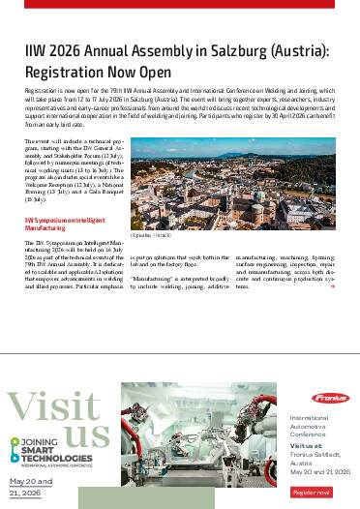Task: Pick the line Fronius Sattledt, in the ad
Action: pos(314,455)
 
